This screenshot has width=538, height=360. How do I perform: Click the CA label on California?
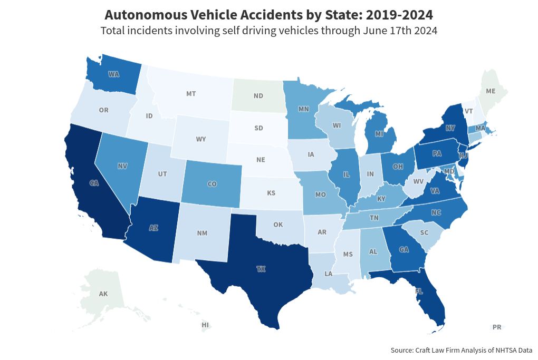point(94,183)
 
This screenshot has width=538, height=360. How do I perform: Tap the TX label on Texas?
point(261,269)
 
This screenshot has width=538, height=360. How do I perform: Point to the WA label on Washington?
point(113,74)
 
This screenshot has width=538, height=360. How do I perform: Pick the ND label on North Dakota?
point(258,96)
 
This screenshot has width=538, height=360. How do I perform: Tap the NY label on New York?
point(450,128)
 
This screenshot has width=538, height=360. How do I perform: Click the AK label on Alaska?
point(103,294)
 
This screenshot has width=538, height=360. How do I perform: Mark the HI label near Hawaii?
point(205,325)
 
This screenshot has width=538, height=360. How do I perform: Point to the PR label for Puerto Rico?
point(496,327)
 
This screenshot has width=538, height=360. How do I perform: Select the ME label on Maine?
point(491,91)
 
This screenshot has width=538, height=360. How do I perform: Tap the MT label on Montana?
point(191,94)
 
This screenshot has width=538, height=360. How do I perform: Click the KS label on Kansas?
point(271,193)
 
